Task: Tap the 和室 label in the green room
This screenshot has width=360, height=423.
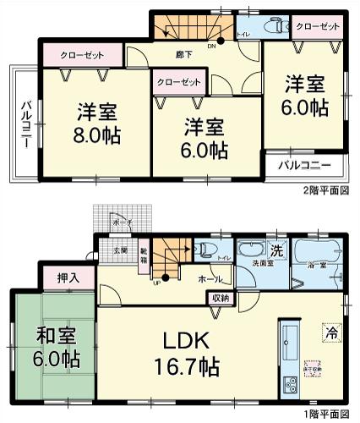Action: point(52,335)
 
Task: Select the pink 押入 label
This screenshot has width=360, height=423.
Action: point(70,277)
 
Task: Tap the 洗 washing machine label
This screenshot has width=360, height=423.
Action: point(275,250)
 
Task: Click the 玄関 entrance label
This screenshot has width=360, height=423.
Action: point(120,251)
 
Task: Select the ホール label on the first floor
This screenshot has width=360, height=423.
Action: point(210,277)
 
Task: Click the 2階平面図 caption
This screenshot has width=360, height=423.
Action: point(325,191)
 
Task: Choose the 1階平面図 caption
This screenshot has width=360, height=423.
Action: point(325,415)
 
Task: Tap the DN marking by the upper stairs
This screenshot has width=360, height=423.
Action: point(211,47)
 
